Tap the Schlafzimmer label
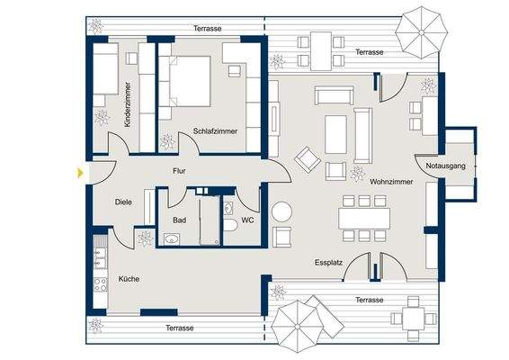pos(215,131)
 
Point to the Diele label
pos(123,202)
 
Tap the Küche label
pos(129,279)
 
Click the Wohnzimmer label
pos(391,182)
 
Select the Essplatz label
pos(330,265)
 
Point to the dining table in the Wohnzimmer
pos(365,219)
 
